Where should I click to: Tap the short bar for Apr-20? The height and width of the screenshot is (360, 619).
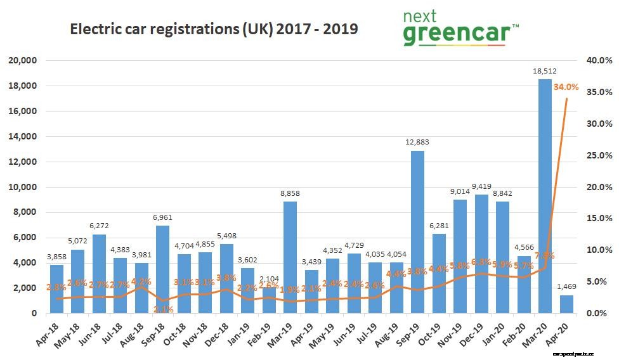coord(566,304)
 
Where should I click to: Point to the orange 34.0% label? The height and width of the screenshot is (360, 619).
coord(566,87)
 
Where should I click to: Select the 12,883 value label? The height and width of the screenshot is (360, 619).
coord(417,143)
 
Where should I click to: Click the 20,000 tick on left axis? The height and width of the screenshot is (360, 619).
coord(23,60)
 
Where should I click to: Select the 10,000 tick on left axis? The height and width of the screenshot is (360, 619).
coord(23,187)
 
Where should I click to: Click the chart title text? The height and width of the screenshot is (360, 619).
coord(213,30)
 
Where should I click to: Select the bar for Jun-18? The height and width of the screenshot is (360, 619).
coord(99,273)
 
